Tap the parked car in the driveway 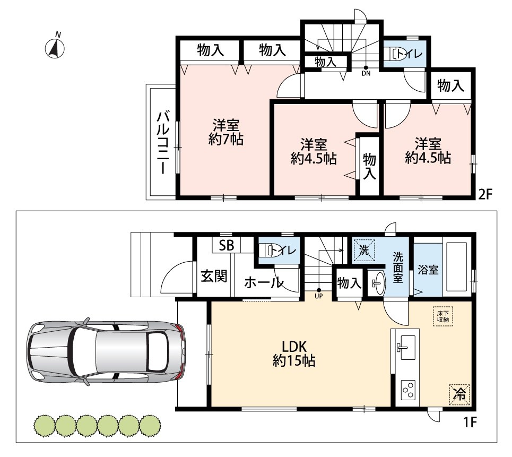(x=107, y=351)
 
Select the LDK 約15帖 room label (x=294, y=353)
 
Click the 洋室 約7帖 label (x=226, y=132)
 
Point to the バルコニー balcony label (x=163, y=143)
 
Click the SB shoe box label (x=226, y=245)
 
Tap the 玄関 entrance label (x=214, y=277)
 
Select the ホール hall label (x=264, y=282)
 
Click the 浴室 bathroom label (x=428, y=270)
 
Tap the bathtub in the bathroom (x=457, y=266)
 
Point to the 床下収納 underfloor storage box (x=443, y=316)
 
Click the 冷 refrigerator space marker (x=459, y=394)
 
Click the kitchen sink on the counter (x=406, y=347)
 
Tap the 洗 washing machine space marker (x=364, y=250)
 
